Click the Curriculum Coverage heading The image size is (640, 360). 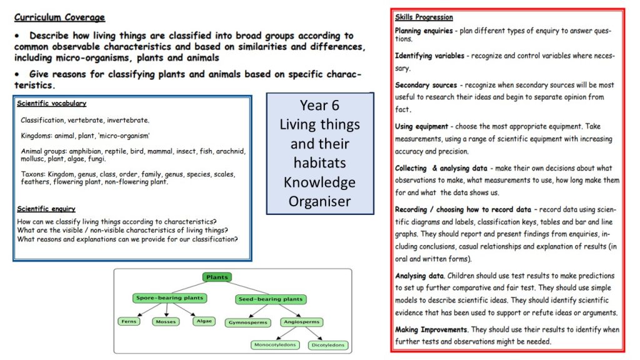pos(59,17)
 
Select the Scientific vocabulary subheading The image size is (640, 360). pos(51,104)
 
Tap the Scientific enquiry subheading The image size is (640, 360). pos(46,209)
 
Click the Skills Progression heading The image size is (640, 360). pos(424,17)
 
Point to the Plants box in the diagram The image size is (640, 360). pos(217,277)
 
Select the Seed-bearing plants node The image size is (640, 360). pos(271,299)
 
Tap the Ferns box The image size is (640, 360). pos(128,321)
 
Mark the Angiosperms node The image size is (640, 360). pos(301,322)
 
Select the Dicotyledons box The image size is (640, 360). pos(328,344)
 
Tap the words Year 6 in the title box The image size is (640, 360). pos(319,106)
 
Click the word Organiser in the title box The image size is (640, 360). pos(319,201)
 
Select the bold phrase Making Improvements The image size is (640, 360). pos(431,329)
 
